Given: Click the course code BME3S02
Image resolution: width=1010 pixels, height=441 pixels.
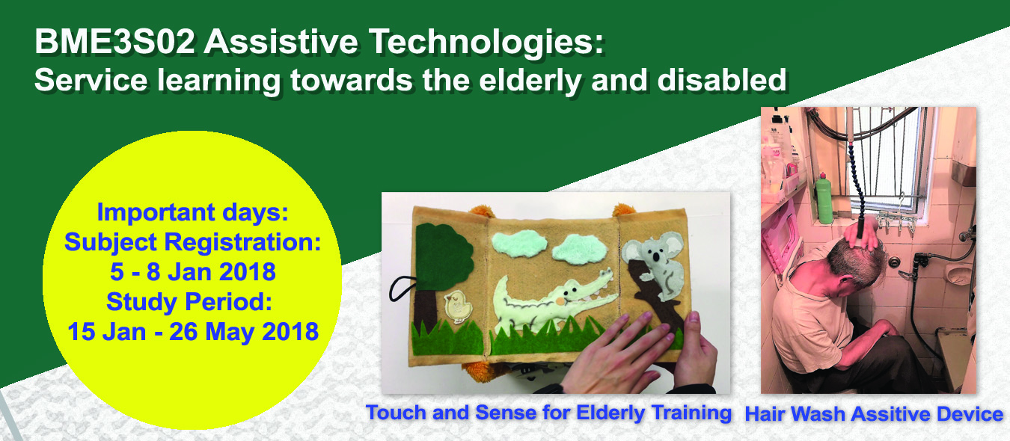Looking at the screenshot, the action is coord(115,43).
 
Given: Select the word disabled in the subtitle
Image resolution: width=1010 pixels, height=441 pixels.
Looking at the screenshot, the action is coord(722,80).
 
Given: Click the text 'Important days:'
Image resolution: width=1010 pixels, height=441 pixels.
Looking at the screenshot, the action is coord(192,212).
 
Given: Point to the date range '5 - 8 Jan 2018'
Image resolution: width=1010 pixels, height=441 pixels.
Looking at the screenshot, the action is coord(193,272).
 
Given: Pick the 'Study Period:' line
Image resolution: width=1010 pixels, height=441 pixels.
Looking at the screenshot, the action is coord(189,302).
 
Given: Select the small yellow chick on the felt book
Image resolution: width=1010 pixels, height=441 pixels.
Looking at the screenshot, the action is coord(458,306).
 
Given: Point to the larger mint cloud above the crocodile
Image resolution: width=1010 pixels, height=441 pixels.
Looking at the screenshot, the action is coord(519,244).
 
